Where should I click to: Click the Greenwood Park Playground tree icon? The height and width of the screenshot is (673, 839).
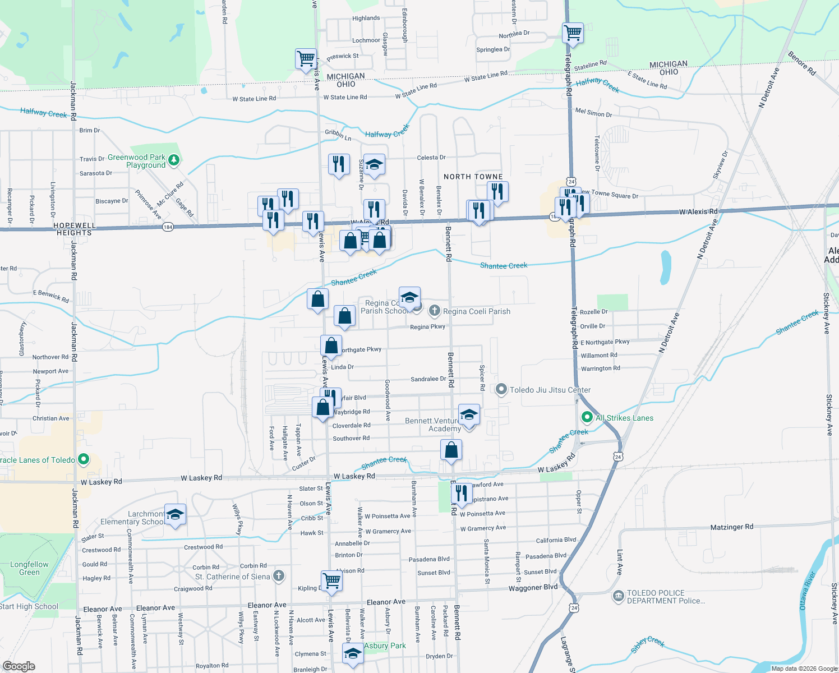174,160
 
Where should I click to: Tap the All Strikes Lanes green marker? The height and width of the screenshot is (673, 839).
587,417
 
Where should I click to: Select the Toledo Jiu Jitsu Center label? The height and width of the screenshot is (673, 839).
550,390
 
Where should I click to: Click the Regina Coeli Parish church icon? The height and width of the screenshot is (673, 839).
434,311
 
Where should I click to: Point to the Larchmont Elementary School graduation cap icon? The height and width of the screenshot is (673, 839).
175,514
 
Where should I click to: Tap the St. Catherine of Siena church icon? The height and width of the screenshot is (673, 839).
279,576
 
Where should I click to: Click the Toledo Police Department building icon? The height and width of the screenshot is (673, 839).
619,596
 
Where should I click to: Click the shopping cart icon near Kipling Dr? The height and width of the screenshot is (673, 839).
331,580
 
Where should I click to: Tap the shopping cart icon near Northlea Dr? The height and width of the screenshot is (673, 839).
573,33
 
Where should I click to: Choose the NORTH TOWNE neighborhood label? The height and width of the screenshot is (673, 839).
473,177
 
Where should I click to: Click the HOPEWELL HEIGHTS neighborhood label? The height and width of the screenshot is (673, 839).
75,229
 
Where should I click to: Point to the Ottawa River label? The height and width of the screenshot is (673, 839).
807,591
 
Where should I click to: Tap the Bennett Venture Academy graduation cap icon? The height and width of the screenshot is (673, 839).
469,415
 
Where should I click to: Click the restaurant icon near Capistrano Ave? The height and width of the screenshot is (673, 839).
461,493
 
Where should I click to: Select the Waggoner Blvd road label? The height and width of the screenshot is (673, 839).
533,587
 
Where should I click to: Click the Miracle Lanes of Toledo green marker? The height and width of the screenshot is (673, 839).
84,460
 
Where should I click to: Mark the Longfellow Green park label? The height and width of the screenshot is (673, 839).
29,568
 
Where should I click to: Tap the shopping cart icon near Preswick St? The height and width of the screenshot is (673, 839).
306,58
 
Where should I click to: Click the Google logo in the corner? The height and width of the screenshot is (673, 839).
19,666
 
